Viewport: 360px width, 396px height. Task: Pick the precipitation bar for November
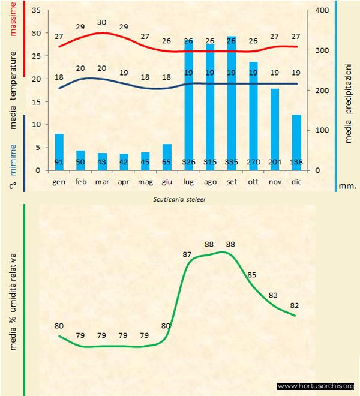[x=275, y=129]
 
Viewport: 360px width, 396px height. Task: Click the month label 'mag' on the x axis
[x=145, y=181]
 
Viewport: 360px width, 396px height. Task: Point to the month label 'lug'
[x=188, y=181]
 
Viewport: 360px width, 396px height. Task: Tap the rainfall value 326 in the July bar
[x=188, y=162]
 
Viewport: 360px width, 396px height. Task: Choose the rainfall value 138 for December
[x=296, y=162]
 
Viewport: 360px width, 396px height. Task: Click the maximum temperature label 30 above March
[x=102, y=22]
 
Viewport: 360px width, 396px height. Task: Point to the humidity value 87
[x=186, y=254]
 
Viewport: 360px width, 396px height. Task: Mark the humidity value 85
[x=252, y=275]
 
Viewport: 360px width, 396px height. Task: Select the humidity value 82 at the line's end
[x=294, y=305]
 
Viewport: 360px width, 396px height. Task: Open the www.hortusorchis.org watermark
[x=316, y=386]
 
